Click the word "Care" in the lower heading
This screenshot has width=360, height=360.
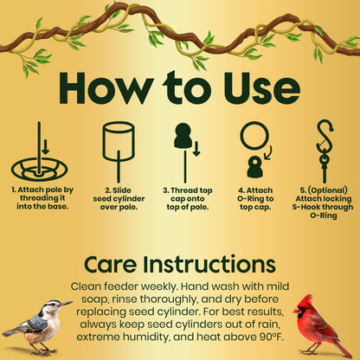click(x=113, y=263)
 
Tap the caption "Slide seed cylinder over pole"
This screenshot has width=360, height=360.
click(x=119, y=198)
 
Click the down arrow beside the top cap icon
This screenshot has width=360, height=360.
click(x=196, y=149)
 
